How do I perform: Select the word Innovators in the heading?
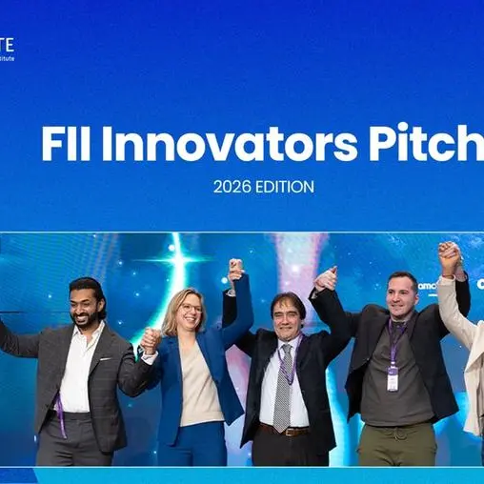tap(220, 145)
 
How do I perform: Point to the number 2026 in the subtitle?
tap(232, 188)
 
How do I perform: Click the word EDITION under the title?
tap(286, 188)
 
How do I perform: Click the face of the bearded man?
tap(87, 305)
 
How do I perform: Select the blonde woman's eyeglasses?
tap(190, 310)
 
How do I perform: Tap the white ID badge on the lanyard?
tap(393, 379)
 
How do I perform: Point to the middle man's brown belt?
tap(282, 429)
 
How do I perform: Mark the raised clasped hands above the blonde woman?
tap(234, 270)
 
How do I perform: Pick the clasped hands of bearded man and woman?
tap(150, 339)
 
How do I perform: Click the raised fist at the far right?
tap(449, 254)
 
